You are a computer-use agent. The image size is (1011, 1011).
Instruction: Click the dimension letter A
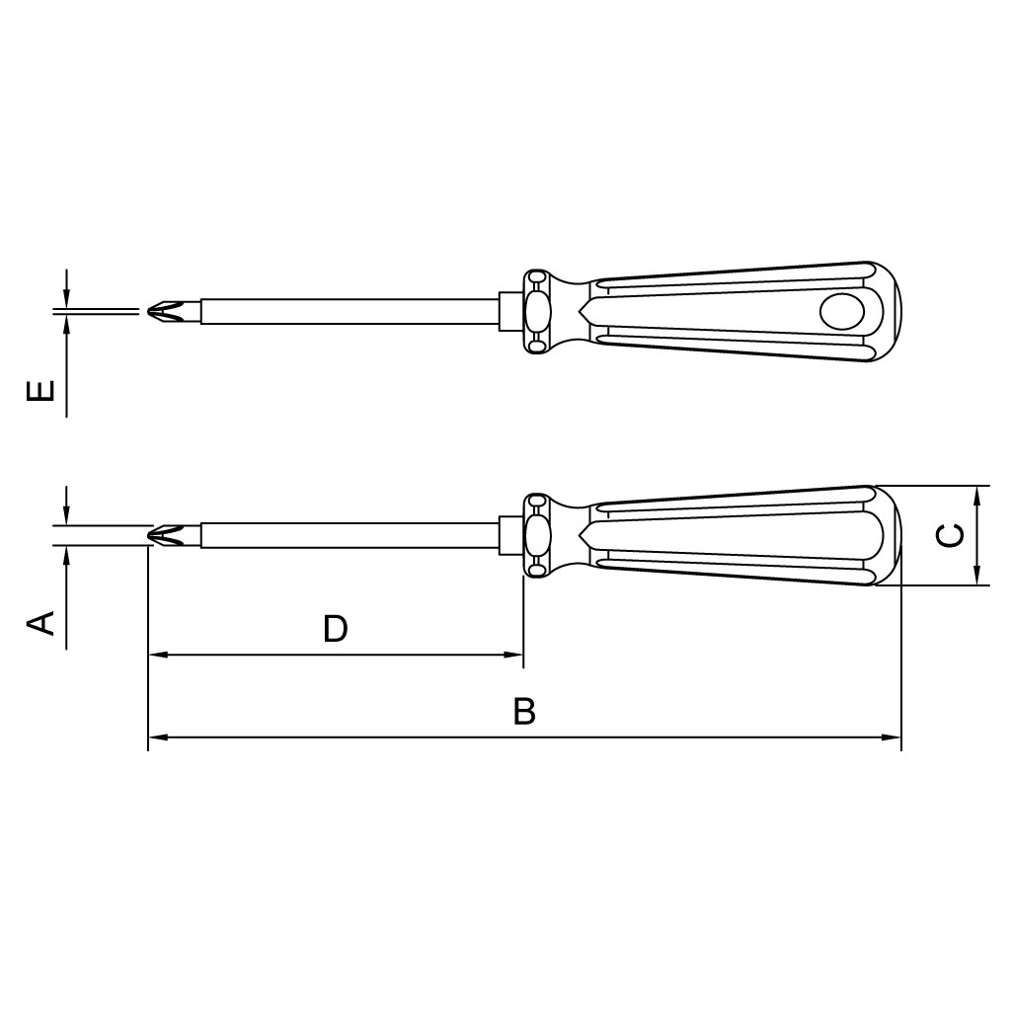coord(39,624)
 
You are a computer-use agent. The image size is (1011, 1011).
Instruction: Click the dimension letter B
coord(525,711)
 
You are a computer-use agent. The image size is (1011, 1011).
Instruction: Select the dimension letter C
coord(950,535)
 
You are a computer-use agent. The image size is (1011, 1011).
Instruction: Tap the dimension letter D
coord(336,629)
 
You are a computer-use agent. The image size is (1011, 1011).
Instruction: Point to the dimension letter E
coord(39,391)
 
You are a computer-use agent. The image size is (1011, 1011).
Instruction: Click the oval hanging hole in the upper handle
coord(841,311)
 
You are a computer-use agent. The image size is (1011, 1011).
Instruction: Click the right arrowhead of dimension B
coord(892,737)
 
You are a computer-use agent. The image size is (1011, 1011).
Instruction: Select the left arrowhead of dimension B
coord(158,737)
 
